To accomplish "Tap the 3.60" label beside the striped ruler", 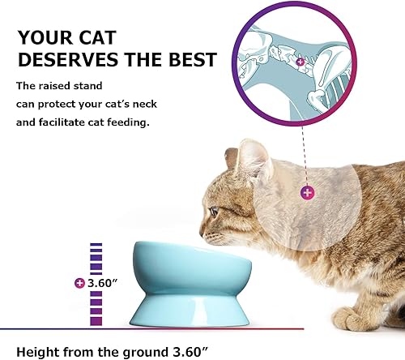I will point(104,282).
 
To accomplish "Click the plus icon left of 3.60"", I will point(79,283).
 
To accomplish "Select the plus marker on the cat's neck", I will point(307,192).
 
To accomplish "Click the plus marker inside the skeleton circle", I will point(301,62).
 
